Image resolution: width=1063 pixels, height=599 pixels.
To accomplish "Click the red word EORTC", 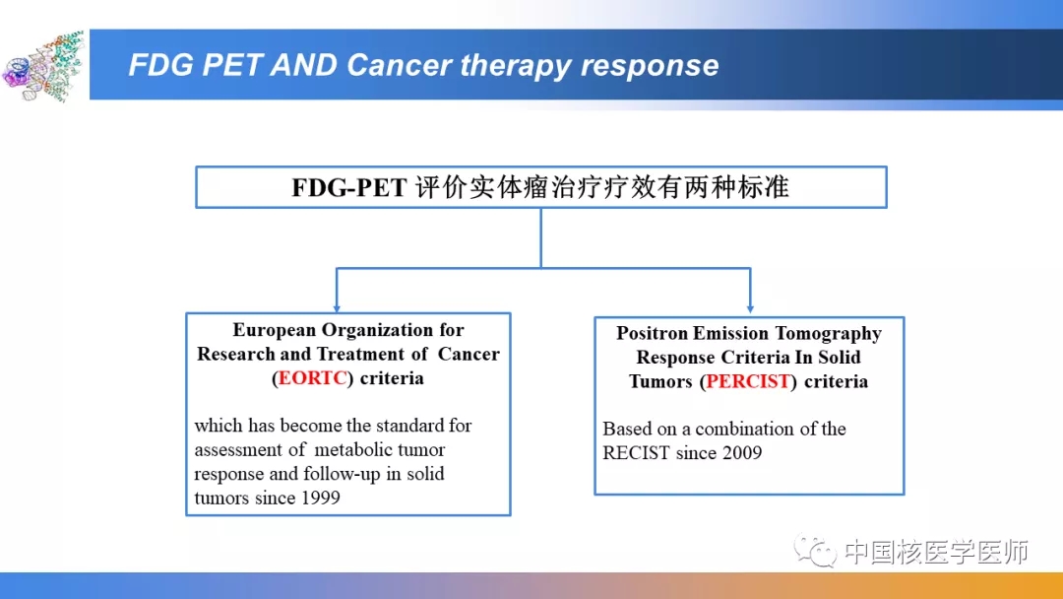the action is pyautogui.click(x=313, y=378).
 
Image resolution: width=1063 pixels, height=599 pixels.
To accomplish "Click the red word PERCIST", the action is pyautogui.click(x=748, y=381).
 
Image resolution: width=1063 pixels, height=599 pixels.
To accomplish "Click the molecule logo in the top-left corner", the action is pyautogui.click(x=42, y=66).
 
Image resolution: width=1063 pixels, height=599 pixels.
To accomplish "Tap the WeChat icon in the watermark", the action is pyautogui.click(x=816, y=550).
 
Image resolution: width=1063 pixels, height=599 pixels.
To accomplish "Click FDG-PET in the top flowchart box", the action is pyautogui.click(x=349, y=187).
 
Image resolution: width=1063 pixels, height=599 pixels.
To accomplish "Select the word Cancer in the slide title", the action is pyautogui.click(x=399, y=65).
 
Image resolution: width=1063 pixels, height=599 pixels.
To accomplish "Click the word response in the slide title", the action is pyautogui.click(x=650, y=66).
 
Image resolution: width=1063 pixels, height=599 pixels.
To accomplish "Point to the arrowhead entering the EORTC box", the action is pyautogui.click(x=337, y=308).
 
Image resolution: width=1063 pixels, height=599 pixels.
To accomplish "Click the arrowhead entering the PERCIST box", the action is pyautogui.click(x=750, y=308).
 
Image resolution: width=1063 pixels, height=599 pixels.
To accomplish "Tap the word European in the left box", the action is pyautogui.click(x=274, y=330).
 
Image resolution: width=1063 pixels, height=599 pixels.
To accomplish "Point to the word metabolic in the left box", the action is pyautogui.click(x=353, y=450).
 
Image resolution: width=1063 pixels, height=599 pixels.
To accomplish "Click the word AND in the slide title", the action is pyautogui.click(x=304, y=65).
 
